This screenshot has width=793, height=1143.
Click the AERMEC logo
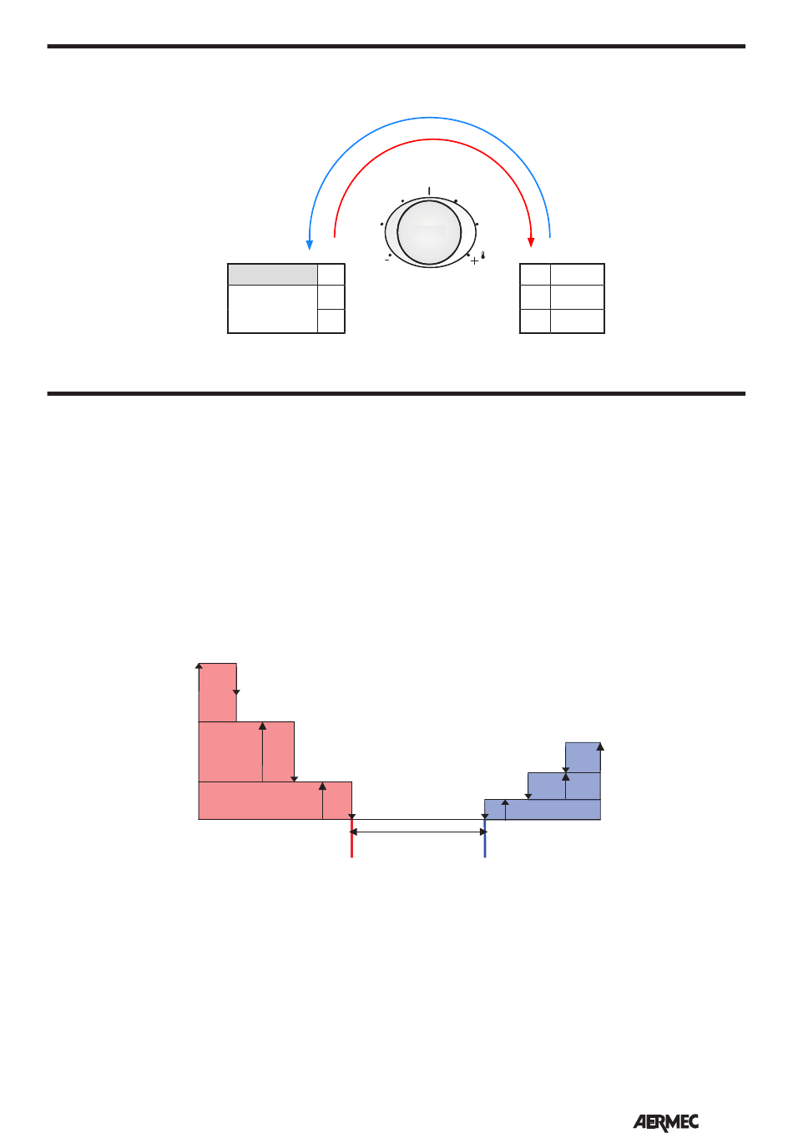pos(665,1123)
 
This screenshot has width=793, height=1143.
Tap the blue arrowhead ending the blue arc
pos(309,245)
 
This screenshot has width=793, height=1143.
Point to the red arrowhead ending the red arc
pos(531,242)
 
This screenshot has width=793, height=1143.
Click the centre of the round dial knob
pos(429,233)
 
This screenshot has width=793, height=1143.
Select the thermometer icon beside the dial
pos(482,255)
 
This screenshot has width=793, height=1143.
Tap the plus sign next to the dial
pos(475,260)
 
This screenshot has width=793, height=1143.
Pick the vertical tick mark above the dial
pos(429,191)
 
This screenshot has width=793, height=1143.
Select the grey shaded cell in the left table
pos(272,275)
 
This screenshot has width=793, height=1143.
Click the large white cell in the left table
pos(272,309)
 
